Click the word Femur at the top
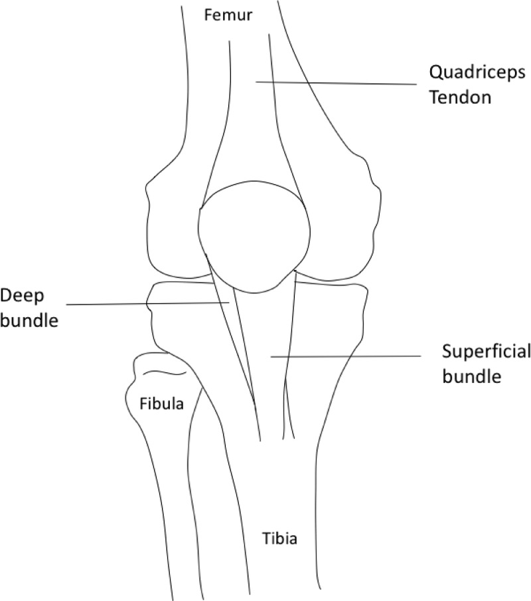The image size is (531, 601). coord(228,15)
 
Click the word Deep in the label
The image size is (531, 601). coord(18,295)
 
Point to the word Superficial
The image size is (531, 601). coord(487,352)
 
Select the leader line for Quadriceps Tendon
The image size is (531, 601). coord(335,83)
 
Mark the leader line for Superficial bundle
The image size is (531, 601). coord(345,357)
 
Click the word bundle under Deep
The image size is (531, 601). coord(30,320)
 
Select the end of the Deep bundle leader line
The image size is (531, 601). coord(229,302)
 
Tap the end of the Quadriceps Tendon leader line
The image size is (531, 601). coord(257,82)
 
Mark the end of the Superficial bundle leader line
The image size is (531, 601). coord(271,357)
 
